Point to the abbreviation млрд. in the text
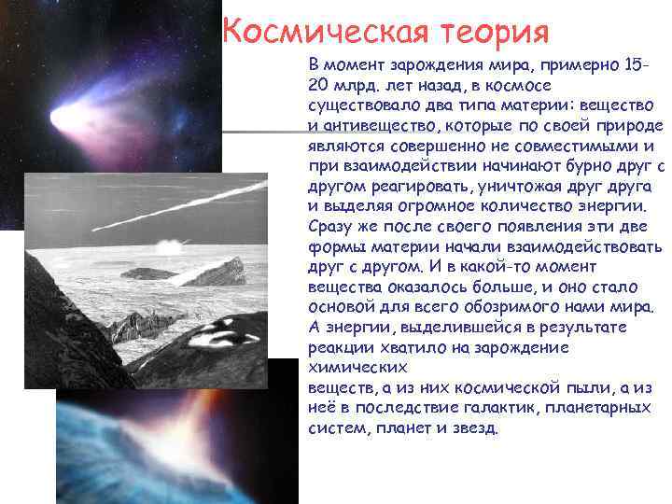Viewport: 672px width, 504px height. [x=356, y=85]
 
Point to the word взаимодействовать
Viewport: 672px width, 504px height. [x=582, y=247]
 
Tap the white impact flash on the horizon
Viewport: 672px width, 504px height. [x=169, y=247]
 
